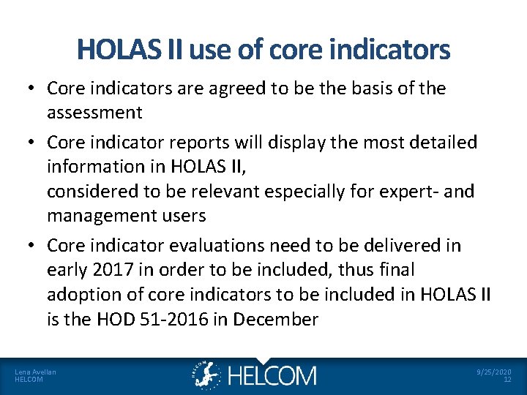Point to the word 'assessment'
click(x=94, y=112)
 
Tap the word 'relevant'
click(x=228, y=192)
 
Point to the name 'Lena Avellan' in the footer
click(x=35, y=372)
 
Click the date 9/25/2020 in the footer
click(x=493, y=372)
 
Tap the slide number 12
click(x=507, y=380)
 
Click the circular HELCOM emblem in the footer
click(x=207, y=375)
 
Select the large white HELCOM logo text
click(x=272, y=376)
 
